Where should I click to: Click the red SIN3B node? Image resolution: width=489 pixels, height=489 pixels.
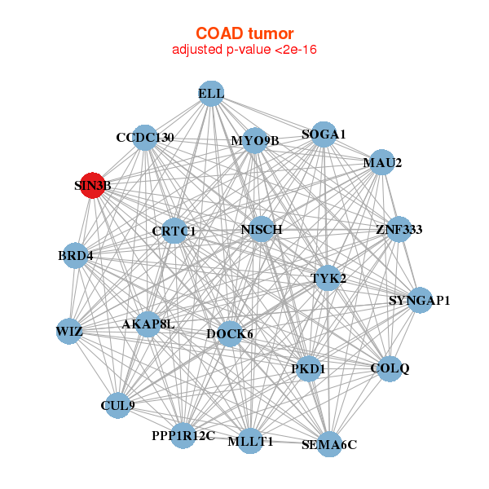click(x=93, y=185)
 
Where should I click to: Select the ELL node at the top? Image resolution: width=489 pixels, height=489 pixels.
click(x=211, y=94)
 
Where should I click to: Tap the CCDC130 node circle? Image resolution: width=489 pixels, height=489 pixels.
click(x=145, y=138)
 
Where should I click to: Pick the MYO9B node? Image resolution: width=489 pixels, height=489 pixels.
click(x=255, y=140)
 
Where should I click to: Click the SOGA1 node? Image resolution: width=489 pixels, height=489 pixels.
click(x=324, y=134)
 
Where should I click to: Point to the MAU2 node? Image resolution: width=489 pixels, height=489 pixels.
click(x=382, y=162)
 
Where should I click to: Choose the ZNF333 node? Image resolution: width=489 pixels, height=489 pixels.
click(x=399, y=229)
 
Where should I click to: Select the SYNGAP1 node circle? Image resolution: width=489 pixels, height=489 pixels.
click(x=420, y=300)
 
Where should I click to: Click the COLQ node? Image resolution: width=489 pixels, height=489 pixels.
click(x=390, y=368)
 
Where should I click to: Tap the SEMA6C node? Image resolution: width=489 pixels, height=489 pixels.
click(x=329, y=444)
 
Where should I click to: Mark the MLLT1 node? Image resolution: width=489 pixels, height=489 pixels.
click(x=250, y=441)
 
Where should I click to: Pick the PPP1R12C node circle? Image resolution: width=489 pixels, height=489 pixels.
click(x=183, y=436)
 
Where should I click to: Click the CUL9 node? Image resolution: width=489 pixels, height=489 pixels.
click(x=118, y=405)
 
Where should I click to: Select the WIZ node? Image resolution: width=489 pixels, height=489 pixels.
click(x=69, y=331)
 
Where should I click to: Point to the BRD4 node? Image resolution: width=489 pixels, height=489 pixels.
click(x=75, y=255)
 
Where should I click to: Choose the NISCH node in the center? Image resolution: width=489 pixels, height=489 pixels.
click(x=261, y=229)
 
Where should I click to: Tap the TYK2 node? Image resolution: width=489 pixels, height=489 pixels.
click(x=328, y=278)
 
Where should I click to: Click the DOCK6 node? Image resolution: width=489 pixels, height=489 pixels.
click(x=230, y=333)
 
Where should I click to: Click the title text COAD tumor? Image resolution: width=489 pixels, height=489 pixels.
click(x=244, y=33)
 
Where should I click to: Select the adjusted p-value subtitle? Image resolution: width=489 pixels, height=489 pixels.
click(x=244, y=50)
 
